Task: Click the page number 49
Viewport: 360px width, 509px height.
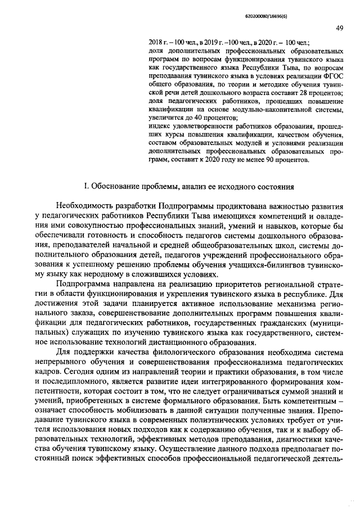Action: [x=339, y=28]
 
